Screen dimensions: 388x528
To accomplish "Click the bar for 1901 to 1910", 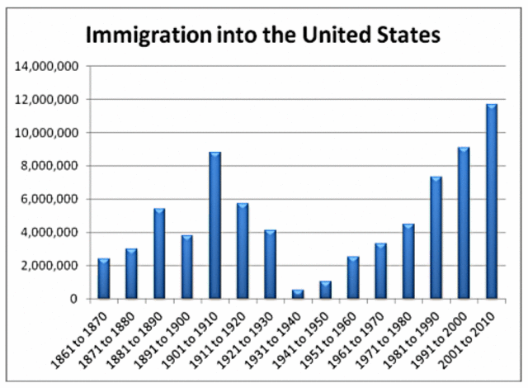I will click(214, 225).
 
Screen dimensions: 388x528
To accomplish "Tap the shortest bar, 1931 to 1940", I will click(298, 293).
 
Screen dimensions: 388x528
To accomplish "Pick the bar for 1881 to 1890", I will click(159, 253).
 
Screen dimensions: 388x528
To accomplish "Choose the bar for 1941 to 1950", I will click(326, 290).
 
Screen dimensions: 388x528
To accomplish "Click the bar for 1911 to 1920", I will click(243, 250).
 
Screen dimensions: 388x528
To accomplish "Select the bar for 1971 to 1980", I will click(409, 261).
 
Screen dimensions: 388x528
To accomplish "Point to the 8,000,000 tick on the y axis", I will click(50, 166).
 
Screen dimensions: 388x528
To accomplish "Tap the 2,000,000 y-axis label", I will click(50, 266).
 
